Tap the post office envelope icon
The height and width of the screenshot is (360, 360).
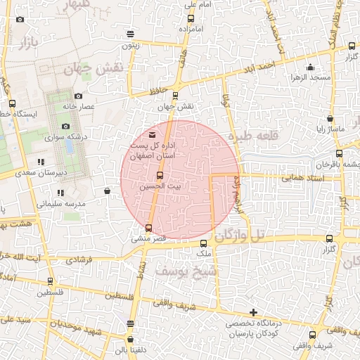153,134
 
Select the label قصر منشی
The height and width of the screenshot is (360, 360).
148,238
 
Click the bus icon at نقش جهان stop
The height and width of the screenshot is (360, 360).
175,96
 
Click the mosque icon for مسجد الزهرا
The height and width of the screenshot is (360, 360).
310,68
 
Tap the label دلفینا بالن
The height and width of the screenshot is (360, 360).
130,348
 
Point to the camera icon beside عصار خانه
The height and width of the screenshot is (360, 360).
78,96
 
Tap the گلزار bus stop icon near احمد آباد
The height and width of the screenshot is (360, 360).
352,46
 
